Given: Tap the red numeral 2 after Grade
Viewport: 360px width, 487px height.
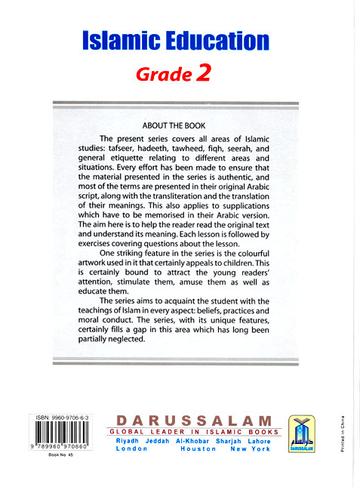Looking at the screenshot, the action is click(x=203, y=72).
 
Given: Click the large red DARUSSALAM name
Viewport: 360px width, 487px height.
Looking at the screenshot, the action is click(x=195, y=419).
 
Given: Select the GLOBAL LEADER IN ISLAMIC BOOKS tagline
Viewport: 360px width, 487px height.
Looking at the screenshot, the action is click(x=195, y=432).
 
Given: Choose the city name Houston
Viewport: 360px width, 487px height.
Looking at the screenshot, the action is click(x=198, y=448).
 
